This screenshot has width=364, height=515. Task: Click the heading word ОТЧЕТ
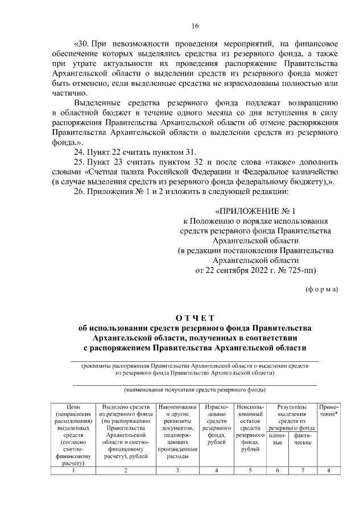195,318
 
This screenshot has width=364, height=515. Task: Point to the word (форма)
321,289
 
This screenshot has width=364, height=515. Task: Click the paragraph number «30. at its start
81,43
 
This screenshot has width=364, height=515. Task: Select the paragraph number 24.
80,152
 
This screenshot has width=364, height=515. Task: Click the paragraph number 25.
80,162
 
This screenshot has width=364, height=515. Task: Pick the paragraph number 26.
80,193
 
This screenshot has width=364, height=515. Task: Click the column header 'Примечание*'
329,411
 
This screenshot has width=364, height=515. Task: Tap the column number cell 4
216,469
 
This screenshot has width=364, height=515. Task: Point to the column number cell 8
329,469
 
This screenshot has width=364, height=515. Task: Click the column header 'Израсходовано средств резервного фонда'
216,425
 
